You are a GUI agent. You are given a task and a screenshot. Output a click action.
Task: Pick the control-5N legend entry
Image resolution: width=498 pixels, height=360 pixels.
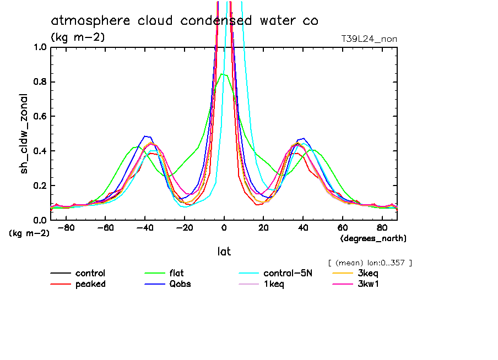pyautogui.click(x=288, y=274)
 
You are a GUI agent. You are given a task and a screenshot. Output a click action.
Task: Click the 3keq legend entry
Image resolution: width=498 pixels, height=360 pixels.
pyautogui.click(x=367, y=274)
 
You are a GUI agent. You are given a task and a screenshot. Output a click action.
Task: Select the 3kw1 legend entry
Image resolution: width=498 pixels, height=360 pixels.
pyautogui.click(x=367, y=284)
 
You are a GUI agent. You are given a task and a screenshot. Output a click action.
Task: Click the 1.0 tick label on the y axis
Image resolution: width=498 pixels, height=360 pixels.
pyautogui.click(x=40, y=47)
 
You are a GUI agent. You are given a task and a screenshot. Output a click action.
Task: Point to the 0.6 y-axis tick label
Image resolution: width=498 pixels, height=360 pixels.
pyautogui.click(x=40, y=116)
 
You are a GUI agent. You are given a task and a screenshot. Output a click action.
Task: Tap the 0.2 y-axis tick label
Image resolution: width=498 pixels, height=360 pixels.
pyautogui.click(x=40, y=186)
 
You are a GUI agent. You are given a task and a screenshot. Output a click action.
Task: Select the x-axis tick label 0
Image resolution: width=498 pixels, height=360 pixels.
pyautogui.click(x=224, y=227)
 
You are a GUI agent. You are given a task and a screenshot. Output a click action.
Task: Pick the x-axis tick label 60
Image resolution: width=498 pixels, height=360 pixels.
pyautogui.click(x=342, y=227)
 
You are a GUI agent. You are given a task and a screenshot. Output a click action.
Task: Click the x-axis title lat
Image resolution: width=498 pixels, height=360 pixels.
pyautogui.click(x=224, y=252)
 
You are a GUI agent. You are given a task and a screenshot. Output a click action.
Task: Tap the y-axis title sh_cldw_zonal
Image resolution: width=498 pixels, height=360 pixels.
pyautogui.click(x=24, y=133)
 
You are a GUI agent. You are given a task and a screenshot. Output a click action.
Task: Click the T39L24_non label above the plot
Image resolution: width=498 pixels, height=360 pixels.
pyautogui.click(x=369, y=39)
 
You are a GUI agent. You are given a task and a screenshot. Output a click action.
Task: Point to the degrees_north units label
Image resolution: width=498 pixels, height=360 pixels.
pyautogui.click(x=373, y=238)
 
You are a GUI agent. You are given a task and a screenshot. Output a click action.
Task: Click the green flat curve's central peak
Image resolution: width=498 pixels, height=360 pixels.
pyautogui.click(x=221, y=74)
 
